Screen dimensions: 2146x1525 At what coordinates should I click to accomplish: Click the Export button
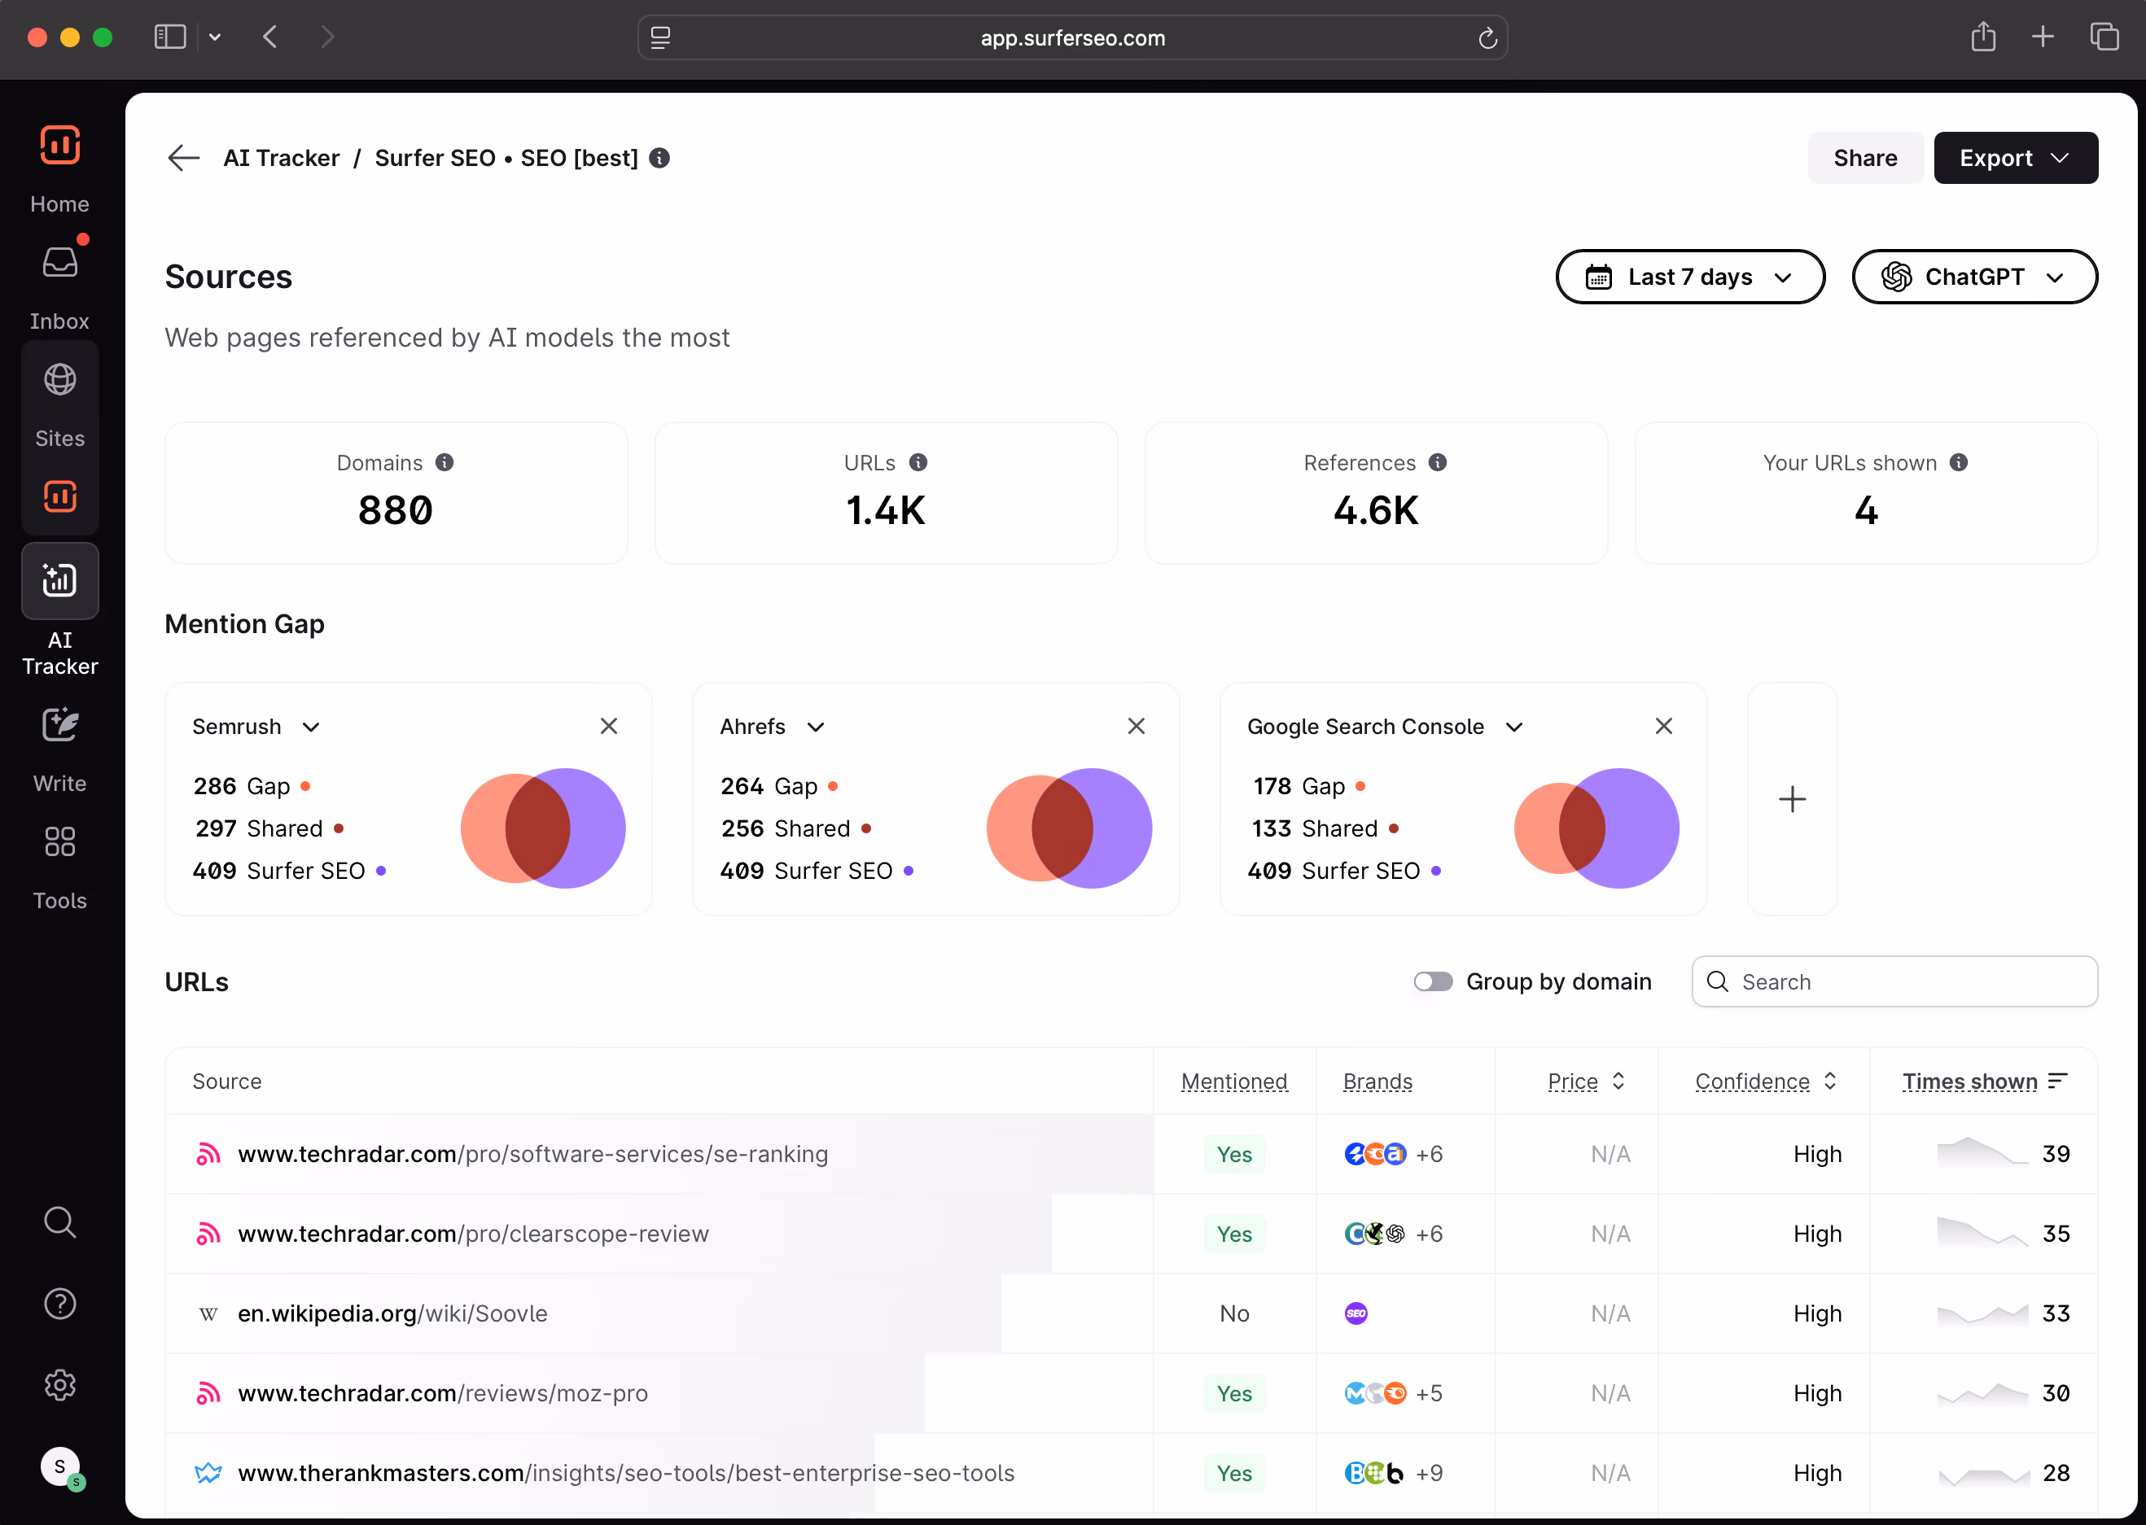tap(2016, 158)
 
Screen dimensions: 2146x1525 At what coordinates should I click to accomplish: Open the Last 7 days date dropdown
tap(1689, 277)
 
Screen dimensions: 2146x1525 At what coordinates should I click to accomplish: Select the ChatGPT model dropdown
tap(1974, 277)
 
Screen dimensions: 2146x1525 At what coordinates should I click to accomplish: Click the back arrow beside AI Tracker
tap(184, 158)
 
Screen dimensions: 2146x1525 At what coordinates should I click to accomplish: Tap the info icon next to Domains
tap(445, 463)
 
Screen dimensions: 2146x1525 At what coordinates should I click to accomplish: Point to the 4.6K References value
tap(1376, 511)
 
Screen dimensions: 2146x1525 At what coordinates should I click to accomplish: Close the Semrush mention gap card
tap(609, 726)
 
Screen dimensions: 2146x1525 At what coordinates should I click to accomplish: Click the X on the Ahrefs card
tap(1137, 726)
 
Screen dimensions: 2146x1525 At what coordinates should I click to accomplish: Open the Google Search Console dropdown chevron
tap(1514, 727)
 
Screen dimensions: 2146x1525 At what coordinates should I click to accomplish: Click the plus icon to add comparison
tap(1792, 799)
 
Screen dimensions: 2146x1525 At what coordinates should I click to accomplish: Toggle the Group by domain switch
tap(1433, 981)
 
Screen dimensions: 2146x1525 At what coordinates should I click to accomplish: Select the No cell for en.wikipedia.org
tap(1234, 1313)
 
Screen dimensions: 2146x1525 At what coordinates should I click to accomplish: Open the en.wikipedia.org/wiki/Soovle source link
tap(392, 1313)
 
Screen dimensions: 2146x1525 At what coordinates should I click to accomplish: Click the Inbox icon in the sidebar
tap(60, 262)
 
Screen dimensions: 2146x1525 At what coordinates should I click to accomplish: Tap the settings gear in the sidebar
tap(60, 1385)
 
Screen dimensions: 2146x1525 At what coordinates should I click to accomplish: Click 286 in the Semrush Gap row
tap(215, 786)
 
